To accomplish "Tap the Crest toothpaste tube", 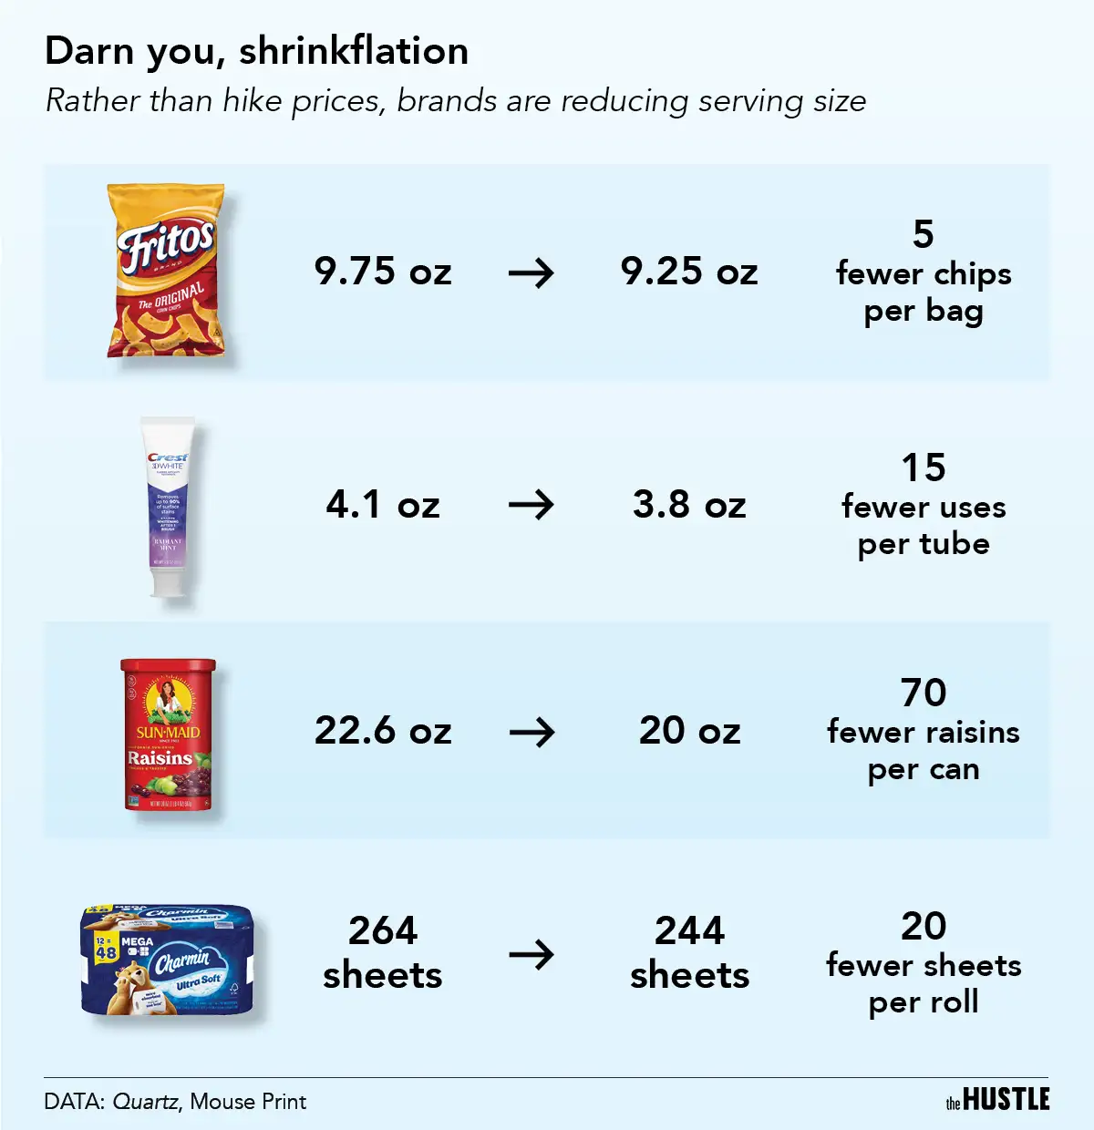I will point(169,506).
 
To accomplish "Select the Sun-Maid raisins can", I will point(169,734).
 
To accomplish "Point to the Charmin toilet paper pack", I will point(167,960).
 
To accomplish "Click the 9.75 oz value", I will point(383,272).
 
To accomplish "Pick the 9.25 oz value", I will point(689,272).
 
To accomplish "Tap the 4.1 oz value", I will point(383,505).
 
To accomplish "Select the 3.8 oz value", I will point(689,505).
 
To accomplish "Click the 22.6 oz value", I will point(383,731).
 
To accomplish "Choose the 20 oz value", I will point(689,731).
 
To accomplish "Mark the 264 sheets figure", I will point(383,952).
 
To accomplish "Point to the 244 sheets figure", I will point(689,952).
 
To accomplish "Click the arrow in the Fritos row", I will point(532,272).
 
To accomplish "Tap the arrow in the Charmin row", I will point(532,954).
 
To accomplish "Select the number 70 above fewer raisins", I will point(924,693).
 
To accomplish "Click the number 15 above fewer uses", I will point(924,468).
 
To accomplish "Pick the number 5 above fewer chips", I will point(924,235).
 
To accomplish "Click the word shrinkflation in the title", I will point(354,52).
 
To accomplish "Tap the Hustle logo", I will point(997,1100).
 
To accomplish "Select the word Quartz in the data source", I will point(145,1102).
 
